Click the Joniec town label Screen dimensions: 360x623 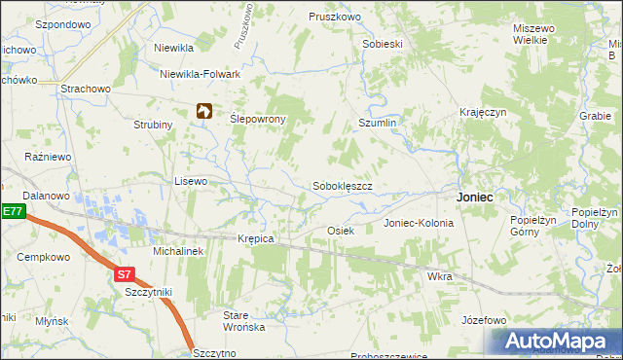point(475,197)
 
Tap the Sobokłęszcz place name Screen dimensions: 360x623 point(342,185)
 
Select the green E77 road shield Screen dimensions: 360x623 point(11,211)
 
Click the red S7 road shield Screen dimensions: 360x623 point(124,275)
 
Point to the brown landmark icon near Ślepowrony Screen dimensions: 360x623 point(203,112)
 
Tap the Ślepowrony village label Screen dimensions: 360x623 point(257,119)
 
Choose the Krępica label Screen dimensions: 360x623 point(256,238)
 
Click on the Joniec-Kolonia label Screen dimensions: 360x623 point(419,223)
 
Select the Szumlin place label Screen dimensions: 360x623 point(378,124)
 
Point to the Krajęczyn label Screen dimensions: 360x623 point(484,113)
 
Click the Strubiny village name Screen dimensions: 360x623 point(153,125)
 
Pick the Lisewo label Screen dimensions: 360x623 point(191,181)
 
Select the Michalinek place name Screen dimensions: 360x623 point(177,251)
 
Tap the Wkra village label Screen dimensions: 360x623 point(439,276)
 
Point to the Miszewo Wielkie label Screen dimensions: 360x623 point(534,35)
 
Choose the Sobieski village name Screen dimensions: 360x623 point(383,45)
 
